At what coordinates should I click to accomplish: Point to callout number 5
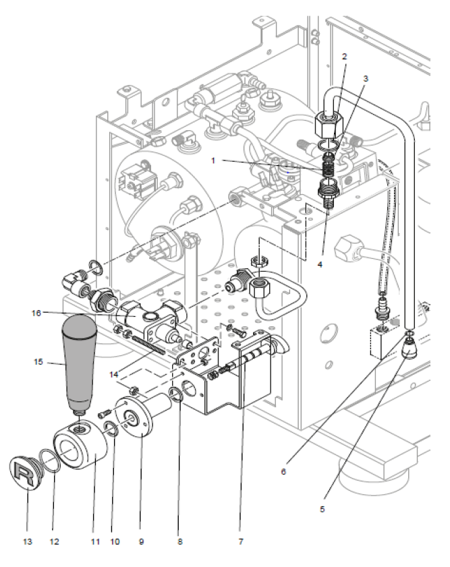[322, 509]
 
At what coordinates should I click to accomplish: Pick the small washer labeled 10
[112, 426]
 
